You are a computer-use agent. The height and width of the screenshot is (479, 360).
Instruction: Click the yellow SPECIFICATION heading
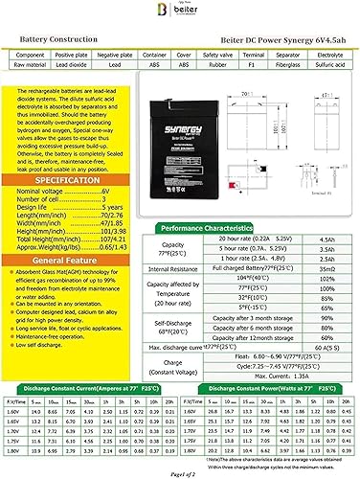point(63,152)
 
